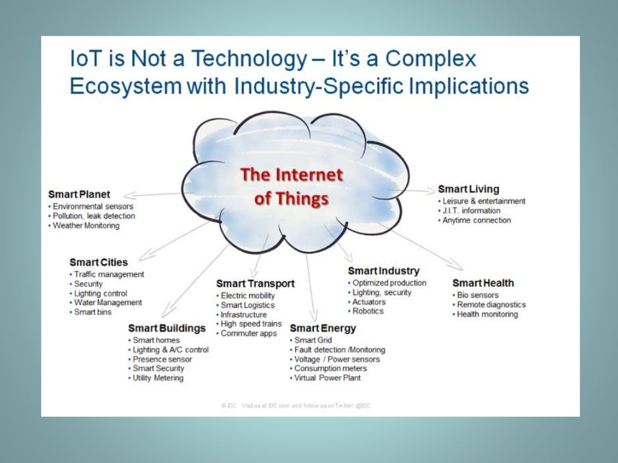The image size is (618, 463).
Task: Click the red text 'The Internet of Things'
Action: coord(291,186)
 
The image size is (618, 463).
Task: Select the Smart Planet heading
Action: coord(79,194)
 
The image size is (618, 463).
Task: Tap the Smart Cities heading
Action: coord(98,262)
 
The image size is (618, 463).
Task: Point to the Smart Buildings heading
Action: coord(167,328)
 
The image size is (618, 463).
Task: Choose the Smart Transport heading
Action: coord(255,283)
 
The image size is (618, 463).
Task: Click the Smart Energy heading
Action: coord(323,328)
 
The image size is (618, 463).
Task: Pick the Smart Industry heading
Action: coord(383,271)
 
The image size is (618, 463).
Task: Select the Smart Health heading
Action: coord(483,283)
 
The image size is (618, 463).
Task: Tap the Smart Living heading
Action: coord(468,189)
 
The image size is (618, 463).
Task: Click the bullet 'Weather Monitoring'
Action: coord(86,225)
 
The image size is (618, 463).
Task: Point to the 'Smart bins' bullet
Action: coord(92,312)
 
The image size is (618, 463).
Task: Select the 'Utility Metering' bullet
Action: coord(158,378)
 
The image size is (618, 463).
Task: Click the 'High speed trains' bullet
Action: coord(250,324)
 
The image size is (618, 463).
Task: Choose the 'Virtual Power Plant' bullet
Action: coord(327,378)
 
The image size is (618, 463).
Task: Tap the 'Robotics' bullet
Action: coord(368,311)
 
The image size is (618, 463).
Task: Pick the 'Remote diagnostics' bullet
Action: coord(491,304)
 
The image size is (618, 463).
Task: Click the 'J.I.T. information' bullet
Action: coord(471,210)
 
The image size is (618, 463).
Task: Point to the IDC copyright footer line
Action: coord(296,406)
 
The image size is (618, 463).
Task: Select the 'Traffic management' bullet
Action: coord(109,274)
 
